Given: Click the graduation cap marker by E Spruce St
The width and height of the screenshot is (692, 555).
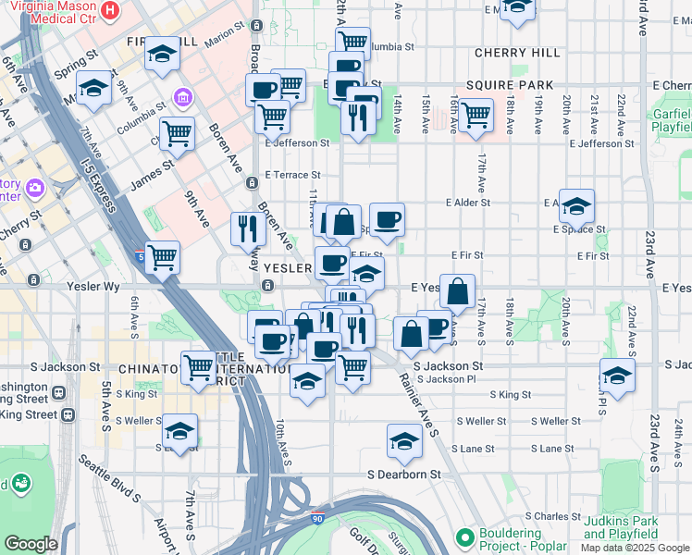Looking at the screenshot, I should point(576,206).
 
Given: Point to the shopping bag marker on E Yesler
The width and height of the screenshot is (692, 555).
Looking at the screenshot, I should point(457,291).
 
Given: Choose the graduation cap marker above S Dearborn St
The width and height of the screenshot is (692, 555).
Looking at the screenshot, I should point(404,441).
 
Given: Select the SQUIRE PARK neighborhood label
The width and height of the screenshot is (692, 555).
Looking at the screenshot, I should point(510,85).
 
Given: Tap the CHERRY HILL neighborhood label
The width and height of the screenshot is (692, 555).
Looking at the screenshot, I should point(511,54).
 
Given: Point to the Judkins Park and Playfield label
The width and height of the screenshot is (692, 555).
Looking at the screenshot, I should point(621,528).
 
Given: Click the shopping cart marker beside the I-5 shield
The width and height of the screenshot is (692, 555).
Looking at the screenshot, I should point(163,258).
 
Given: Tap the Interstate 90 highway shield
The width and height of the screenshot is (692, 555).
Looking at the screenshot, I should point(316,522).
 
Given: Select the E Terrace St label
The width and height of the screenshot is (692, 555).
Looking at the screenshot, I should point(292,174).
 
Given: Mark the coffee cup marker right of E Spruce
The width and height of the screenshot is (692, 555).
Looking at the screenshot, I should point(387,220).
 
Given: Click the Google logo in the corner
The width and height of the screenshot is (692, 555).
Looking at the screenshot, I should point(31,544).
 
